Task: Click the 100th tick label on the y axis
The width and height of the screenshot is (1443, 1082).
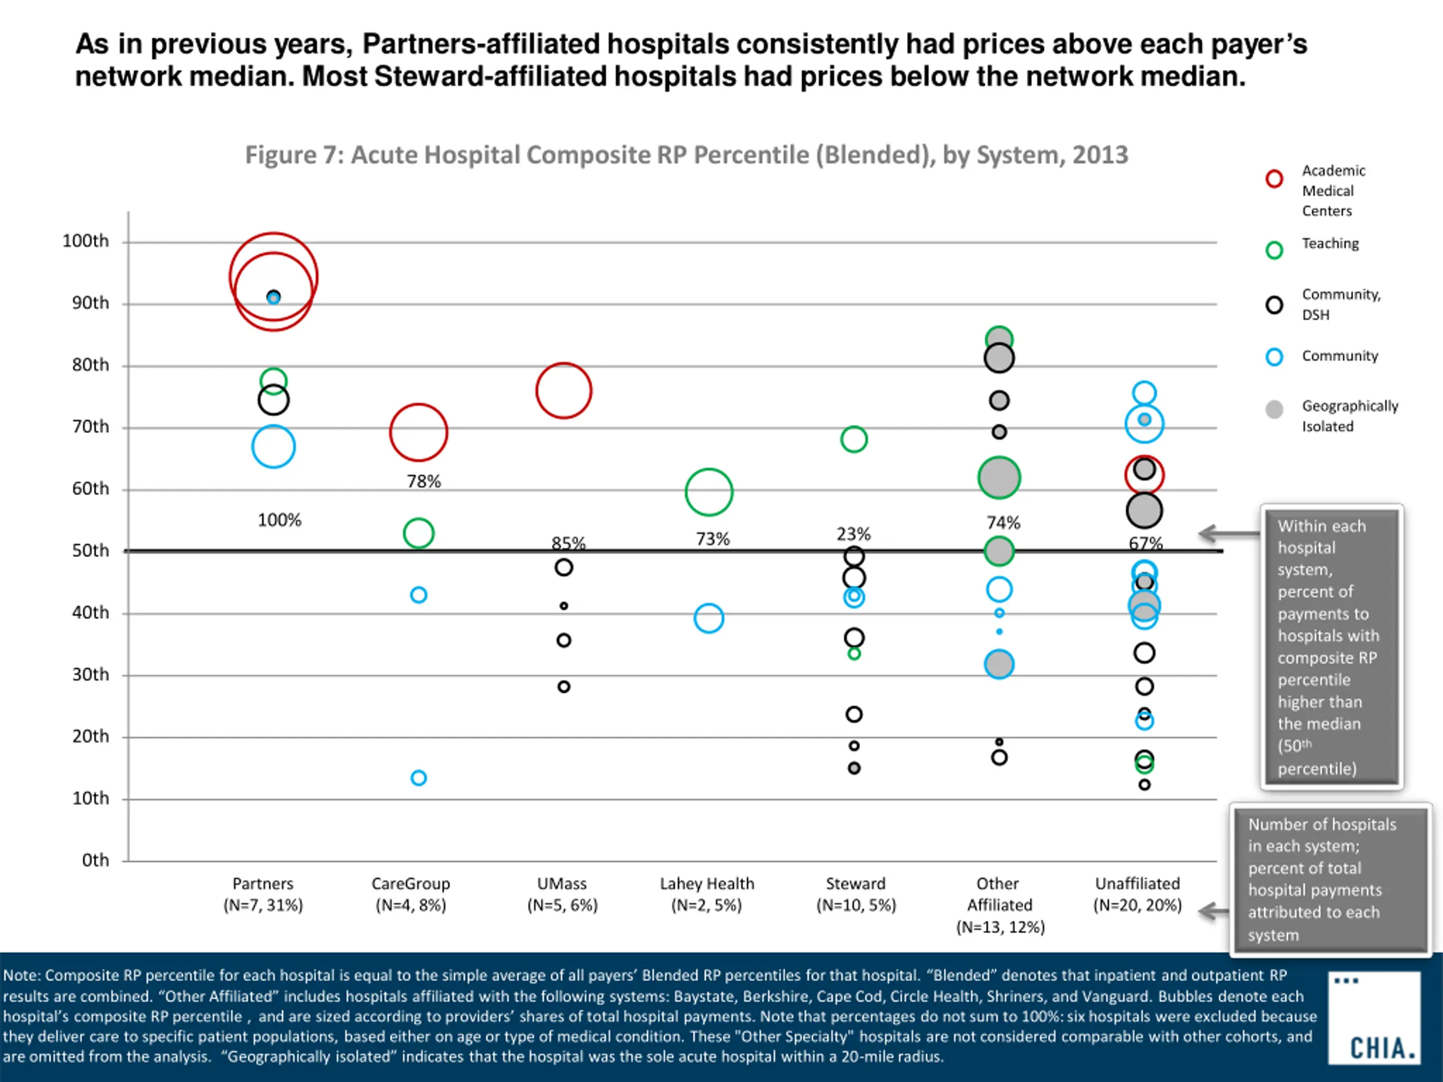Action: click(x=86, y=241)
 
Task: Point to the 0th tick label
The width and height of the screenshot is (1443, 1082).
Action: click(x=95, y=861)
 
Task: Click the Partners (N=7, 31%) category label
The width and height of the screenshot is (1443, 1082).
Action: click(x=263, y=894)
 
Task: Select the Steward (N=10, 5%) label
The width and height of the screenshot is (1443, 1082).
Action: click(x=856, y=894)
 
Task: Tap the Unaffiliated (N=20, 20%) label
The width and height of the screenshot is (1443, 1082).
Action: click(x=1137, y=894)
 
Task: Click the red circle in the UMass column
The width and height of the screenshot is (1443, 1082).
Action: click(x=564, y=391)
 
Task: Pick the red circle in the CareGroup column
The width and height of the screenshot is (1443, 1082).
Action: click(x=418, y=432)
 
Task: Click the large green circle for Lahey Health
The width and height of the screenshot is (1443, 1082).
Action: click(x=709, y=492)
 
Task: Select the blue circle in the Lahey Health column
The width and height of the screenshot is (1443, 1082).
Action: click(x=709, y=618)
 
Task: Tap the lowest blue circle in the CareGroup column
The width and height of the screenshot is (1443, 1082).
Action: click(x=419, y=778)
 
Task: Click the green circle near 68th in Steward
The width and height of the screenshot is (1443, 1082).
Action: click(x=854, y=439)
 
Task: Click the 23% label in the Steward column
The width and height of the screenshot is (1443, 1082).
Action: click(x=853, y=534)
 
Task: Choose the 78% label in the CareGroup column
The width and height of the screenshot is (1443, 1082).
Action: click(x=424, y=481)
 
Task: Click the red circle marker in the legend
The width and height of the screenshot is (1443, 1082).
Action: click(x=1274, y=179)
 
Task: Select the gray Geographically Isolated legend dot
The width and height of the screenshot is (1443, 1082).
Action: click(x=1274, y=410)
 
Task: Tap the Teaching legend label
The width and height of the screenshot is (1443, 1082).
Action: click(x=1330, y=243)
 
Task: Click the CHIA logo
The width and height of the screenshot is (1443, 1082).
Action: click(x=1374, y=1018)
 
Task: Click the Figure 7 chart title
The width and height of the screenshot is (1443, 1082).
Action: click(x=687, y=155)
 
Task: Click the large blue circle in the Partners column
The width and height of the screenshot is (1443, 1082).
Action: click(x=273, y=447)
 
